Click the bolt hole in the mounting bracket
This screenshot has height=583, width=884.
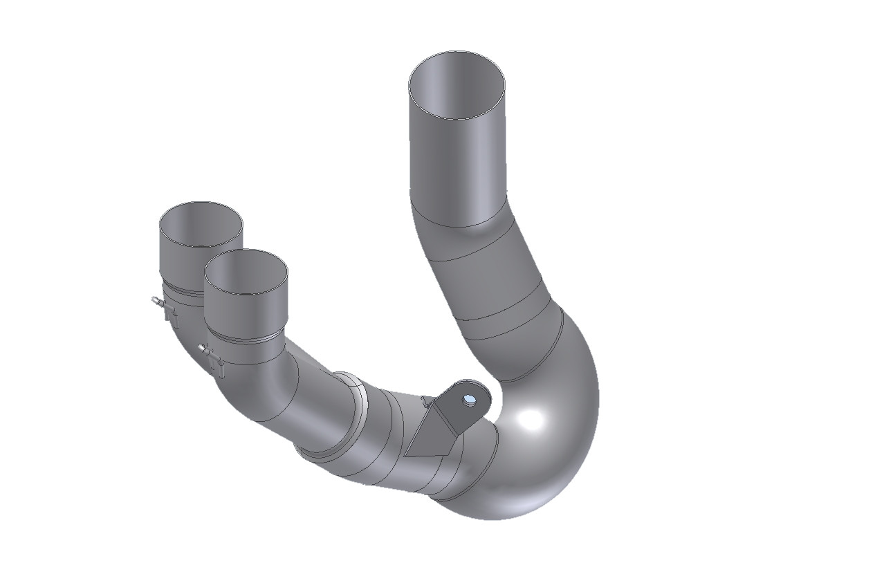click(470, 399)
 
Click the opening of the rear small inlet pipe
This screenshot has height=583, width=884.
click(201, 225)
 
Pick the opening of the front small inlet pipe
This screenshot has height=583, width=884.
click(246, 271)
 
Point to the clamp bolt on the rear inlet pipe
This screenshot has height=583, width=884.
click(158, 302)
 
